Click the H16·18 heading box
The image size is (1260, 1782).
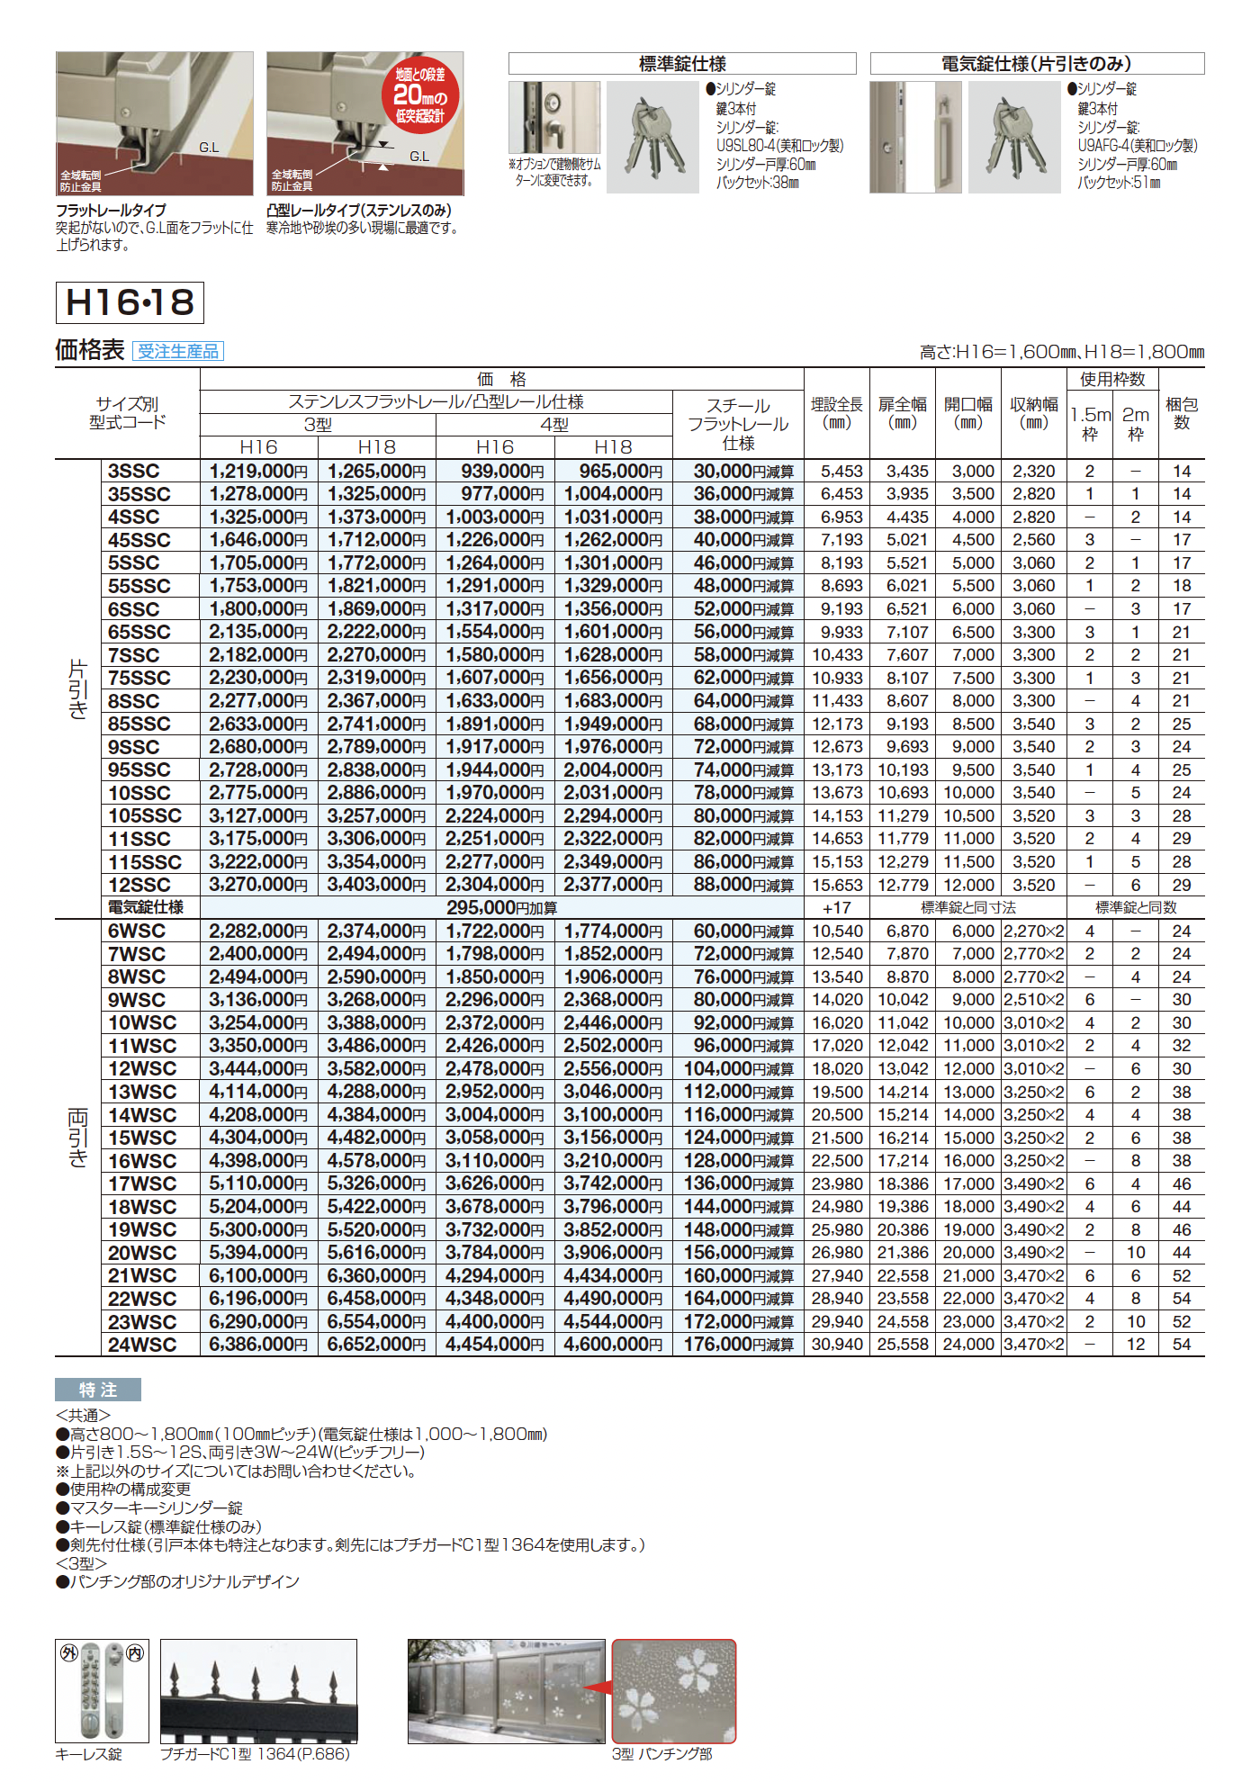pyautogui.click(x=130, y=302)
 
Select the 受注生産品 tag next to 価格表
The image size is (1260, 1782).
pyautogui.click(x=178, y=352)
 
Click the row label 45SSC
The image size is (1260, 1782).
pyautogui.click(x=139, y=540)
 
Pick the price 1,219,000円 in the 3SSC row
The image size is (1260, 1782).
pyautogui.click(x=258, y=471)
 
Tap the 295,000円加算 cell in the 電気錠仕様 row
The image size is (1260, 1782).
pyautogui.click(x=501, y=908)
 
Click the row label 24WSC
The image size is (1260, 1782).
pyautogui.click(x=142, y=1345)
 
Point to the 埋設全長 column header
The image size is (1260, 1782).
pyautogui.click(x=836, y=413)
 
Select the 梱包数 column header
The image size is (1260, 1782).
pyautogui.click(x=1181, y=413)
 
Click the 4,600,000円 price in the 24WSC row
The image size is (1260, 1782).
pyautogui.click(x=613, y=1345)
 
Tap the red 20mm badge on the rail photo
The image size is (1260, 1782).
pyautogui.click(x=419, y=95)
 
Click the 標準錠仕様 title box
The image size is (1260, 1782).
pyautogui.click(x=682, y=64)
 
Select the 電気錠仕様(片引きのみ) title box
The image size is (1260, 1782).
pyautogui.click(x=1037, y=64)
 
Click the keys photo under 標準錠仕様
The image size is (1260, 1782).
pyautogui.click(x=652, y=138)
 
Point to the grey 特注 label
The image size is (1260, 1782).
pyautogui.click(x=98, y=1390)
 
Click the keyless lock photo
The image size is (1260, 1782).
pyautogui.click(x=102, y=1690)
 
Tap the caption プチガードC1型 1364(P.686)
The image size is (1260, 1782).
pyautogui.click(x=255, y=1754)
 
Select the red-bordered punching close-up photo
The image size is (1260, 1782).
pyautogui.click(x=674, y=1691)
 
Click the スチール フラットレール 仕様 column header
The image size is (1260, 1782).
pyautogui.click(x=738, y=424)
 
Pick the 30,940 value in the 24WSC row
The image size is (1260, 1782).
pyautogui.click(x=836, y=1345)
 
